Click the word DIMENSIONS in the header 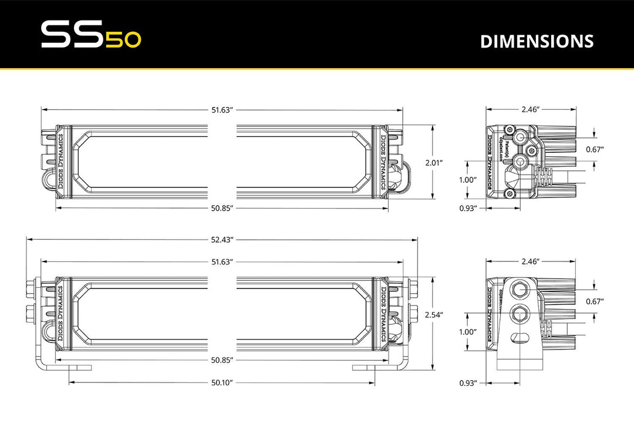[x=537, y=41]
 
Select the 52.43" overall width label [x=222, y=239]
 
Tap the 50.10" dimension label [x=222, y=382]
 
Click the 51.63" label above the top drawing [x=222, y=109]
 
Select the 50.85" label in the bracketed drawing [x=222, y=360]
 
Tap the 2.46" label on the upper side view [x=530, y=109]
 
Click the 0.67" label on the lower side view [x=595, y=301]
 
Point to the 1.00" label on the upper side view [x=468, y=180]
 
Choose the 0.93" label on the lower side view [x=468, y=382]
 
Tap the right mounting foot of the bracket [x=366, y=367]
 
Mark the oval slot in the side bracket [x=519, y=337]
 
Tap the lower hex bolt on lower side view [x=519, y=314]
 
